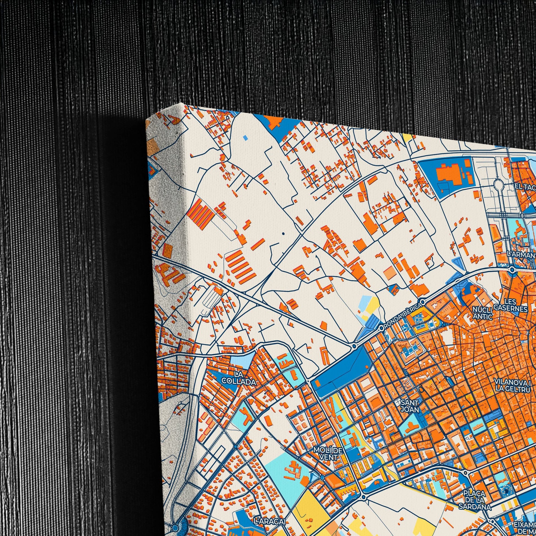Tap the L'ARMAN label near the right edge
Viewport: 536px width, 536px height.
tap(521, 255)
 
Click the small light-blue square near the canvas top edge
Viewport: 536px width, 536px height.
tap(245, 137)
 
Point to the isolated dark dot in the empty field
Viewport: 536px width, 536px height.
tap(283, 234)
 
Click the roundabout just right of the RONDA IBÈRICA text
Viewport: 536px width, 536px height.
tap(423, 301)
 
